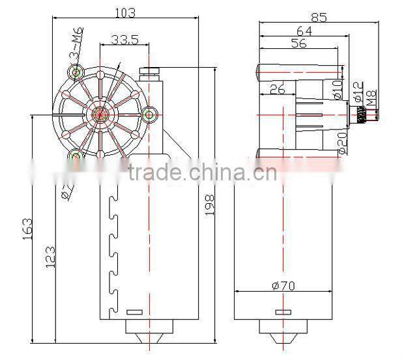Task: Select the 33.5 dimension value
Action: point(124,40)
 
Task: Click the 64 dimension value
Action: point(304,30)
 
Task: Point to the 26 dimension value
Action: point(277,89)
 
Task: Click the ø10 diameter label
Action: point(337,89)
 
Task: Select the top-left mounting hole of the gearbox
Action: point(76,72)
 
